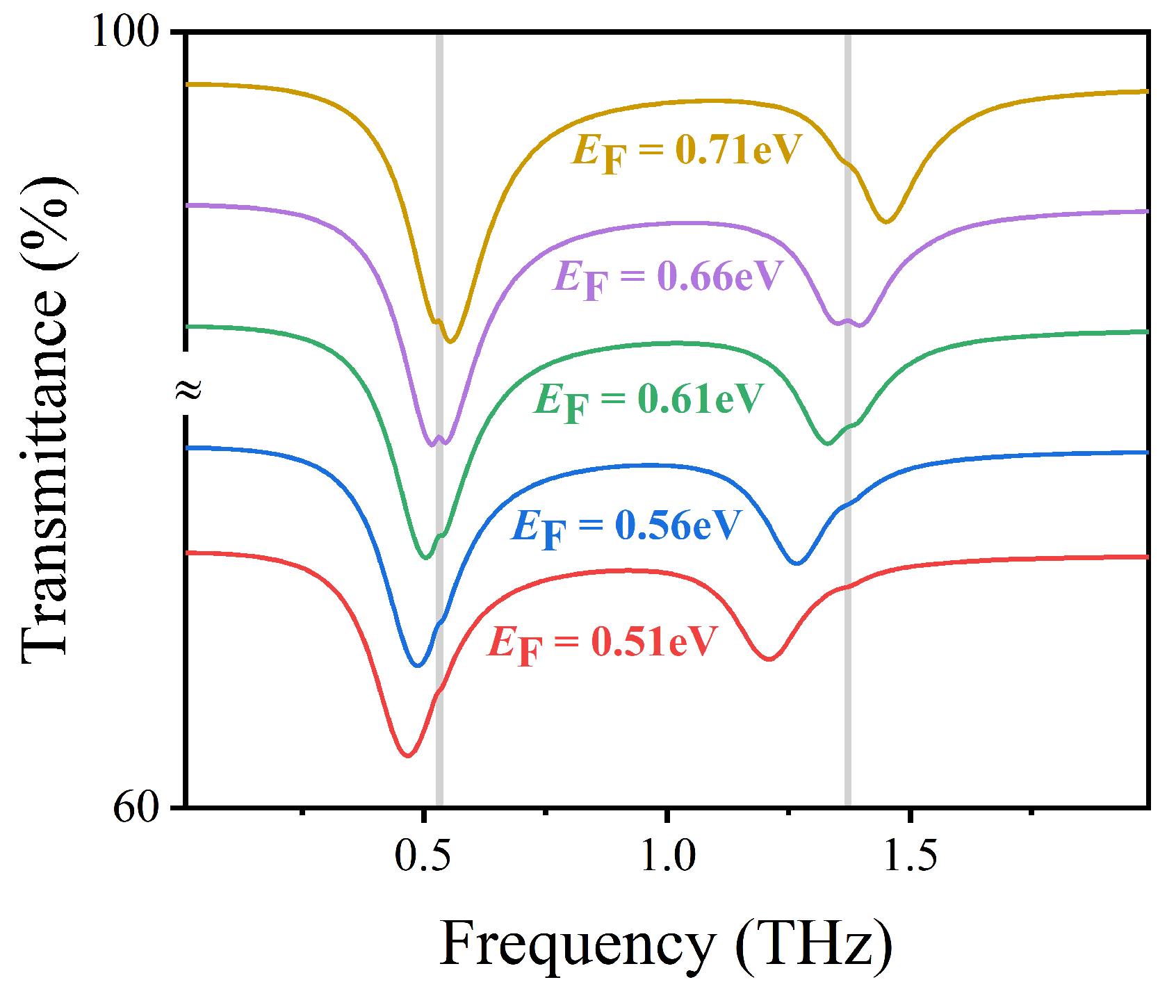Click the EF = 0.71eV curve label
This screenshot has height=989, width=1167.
(687, 151)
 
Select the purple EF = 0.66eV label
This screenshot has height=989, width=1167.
(669, 277)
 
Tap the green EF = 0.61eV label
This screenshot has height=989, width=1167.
(648, 400)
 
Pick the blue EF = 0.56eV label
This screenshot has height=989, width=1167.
(626, 526)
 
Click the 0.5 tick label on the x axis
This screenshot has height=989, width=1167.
(423, 856)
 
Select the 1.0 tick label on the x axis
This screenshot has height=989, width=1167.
(667, 856)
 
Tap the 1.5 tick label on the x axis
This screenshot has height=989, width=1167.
(910, 856)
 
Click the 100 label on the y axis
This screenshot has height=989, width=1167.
(125, 32)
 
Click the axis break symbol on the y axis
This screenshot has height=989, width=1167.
(188, 389)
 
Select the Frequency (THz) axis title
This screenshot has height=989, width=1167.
(666, 945)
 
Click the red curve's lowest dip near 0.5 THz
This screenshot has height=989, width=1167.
(407, 755)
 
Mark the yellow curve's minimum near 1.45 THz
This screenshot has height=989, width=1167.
(886, 221)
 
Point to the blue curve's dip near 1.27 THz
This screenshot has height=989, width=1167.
(798, 562)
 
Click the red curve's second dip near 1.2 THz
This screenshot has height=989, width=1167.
(769, 658)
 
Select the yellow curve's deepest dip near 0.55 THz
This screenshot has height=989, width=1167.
(450, 341)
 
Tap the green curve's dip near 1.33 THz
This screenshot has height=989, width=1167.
(827, 443)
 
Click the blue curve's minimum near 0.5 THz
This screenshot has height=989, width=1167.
(417, 665)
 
